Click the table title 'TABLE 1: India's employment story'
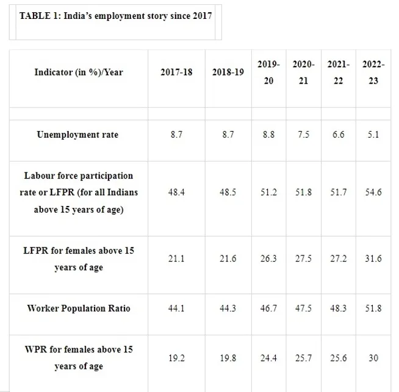[x=115, y=16]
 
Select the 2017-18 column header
[x=176, y=73]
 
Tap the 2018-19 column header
[x=228, y=73]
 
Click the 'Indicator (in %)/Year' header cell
[x=78, y=73]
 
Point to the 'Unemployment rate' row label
[x=78, y=135]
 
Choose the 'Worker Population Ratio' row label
[x=78, y=308]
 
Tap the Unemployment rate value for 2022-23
[x=373, y=135]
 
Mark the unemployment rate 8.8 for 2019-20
[x=268, y=135]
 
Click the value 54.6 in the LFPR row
[x=373, y=192]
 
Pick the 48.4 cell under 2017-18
[x=176, y=192]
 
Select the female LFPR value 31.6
[x=373, y=258]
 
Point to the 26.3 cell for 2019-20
[x=268, y=258]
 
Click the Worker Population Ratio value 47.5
[x=303, y=308]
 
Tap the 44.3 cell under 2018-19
[x=228, y=308]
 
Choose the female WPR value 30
[x=373, y=358]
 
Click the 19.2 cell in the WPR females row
[x=176, y=358]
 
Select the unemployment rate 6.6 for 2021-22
[x=338, y=135]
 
